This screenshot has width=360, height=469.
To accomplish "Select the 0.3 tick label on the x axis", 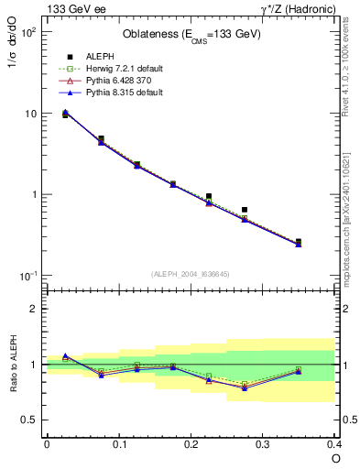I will point(263,444).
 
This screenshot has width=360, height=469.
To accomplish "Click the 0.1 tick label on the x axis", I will point(119,444).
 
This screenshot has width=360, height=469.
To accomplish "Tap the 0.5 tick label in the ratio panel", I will point(29,420).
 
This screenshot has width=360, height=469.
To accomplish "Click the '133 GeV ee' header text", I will point(69,8).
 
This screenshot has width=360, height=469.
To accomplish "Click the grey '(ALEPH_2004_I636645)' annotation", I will point(191,274).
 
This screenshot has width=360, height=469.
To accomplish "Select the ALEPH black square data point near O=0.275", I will point(245,210).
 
